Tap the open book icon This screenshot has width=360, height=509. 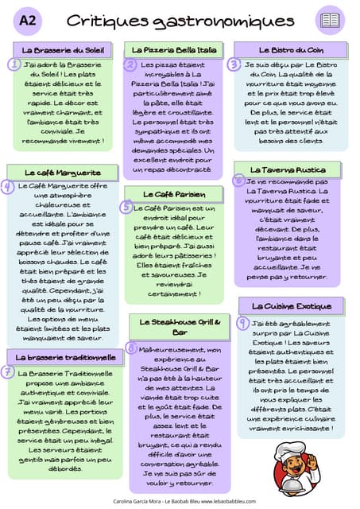pyautogui.click(x=329, y=21)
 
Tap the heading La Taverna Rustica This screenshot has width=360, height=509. pyautogui.click(x=288, y=169)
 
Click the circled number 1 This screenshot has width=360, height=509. pyautogui.click(x=14, y=64)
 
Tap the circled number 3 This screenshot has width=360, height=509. pyautogui.click(x=234, y=64)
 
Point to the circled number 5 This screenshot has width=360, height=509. pyautogui.click(x=126, y=207)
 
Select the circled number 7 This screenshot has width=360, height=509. pyautogui.click(x=7, y=371)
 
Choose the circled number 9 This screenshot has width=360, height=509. pyautogui.click(x=242, y=322)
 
